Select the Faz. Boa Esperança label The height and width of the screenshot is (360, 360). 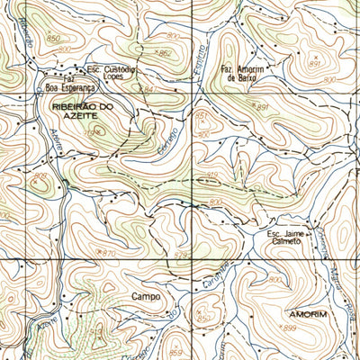[69, 84]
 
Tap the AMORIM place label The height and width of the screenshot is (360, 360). [308, 314]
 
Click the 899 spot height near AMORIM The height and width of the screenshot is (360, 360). [289, 328]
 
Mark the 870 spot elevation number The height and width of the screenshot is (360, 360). [109, 253]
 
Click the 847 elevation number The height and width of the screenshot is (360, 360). [149, 91]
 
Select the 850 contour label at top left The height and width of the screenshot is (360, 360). [54, 39]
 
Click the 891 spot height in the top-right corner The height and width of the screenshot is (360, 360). [314, 64]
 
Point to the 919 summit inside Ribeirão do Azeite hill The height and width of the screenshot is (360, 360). [91, 133]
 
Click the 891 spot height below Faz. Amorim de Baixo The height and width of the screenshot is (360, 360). [263, 108]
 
